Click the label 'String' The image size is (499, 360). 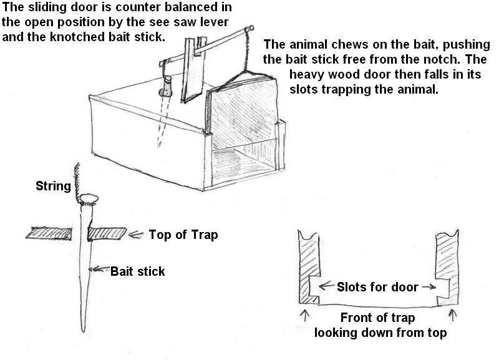click(x=53, y=186)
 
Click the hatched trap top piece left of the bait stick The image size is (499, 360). click(x=52, y=233)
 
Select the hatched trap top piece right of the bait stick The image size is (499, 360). click(x=107, y=233)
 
